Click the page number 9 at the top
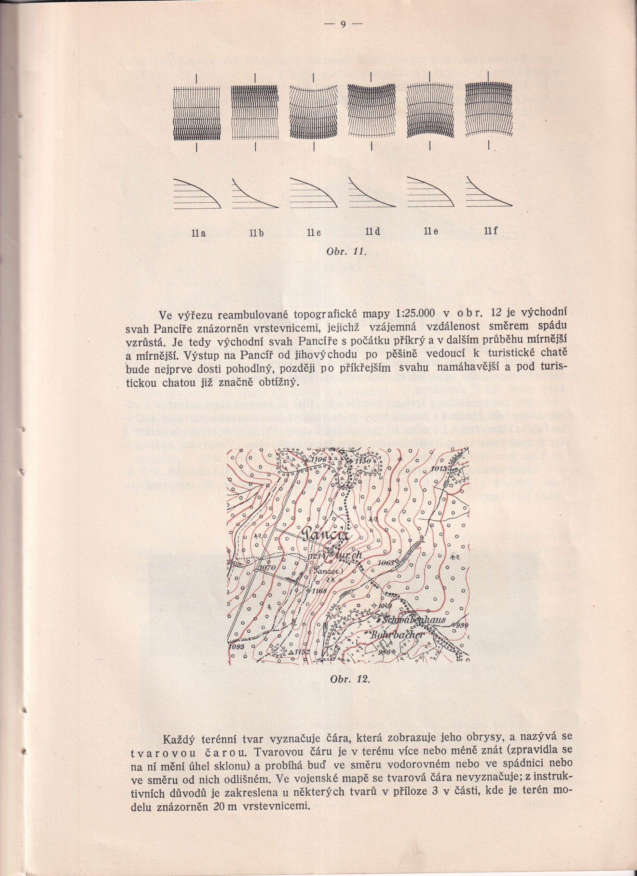tap(343, 24)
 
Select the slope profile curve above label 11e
tap(430, 192)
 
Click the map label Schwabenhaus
tap(414, 620)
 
